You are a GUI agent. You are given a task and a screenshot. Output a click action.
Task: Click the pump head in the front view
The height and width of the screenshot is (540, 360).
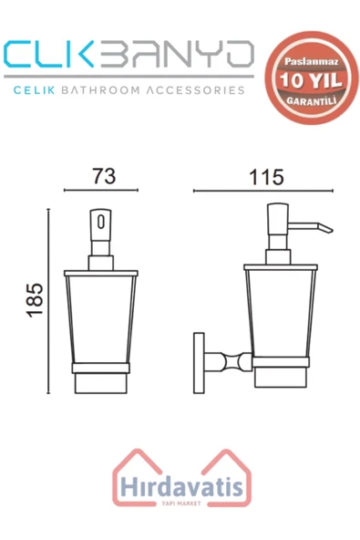tap(100, 226)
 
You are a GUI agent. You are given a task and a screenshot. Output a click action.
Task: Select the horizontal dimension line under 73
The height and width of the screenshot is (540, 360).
tap(100, 192)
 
